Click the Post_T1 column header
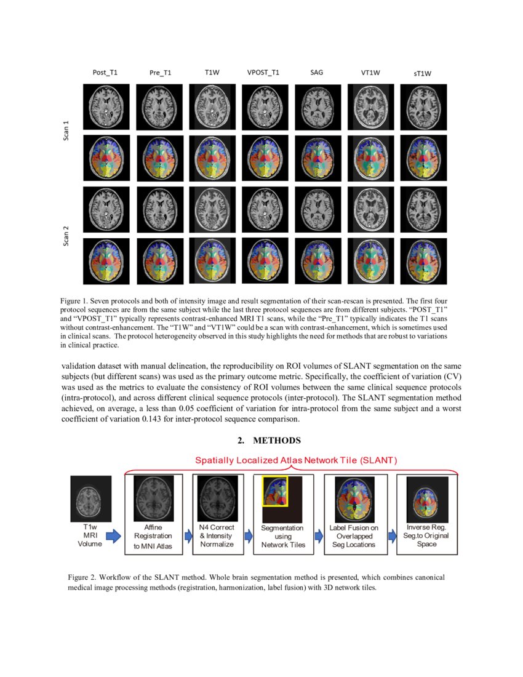[105, 73]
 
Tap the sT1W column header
[421, 74]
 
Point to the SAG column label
[317, 73]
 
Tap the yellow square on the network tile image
[275, 491]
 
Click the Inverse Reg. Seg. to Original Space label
[427, 535]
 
